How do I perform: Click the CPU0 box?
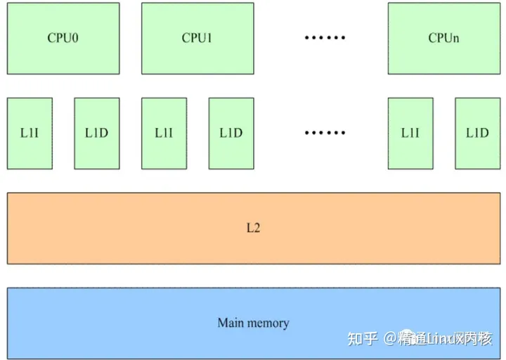pyautogui.click(x=63, y=38)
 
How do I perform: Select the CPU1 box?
pyautogui.click(x=197, y=38)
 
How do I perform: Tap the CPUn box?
pyautogui.click(x=443, y=38)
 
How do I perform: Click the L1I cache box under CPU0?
pyautogui.click(x=30, y=133)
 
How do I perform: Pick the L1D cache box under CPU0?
pyautogui.click(x=96, y=133)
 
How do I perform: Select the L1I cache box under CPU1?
pyautogui.click(x=164, y=133)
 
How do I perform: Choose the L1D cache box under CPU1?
pyautogui.click(x=231, y=133)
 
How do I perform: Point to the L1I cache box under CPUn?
pyautogui.click(x=410, y=133)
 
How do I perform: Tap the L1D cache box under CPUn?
pyautogui.click(x=477, y=133)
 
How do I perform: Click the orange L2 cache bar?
pyautogui.click(x=253, y=229)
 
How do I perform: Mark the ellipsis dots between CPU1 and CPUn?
pyautogui.click(x=325, y=38)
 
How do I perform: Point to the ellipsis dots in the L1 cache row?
pyautogui.click(x=325, y=133)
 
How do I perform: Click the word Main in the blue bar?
pyautogui.click(x=231, y=323)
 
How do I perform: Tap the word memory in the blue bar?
pyautogui.click(x=267, y=323)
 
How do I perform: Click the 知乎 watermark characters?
pyautogui.click(x=363, y=339)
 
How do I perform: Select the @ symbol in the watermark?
pyautogui.click(x=390, y=339)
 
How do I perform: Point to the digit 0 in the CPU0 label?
pyautogui.click(x=74, y=38)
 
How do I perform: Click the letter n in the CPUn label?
pyautogui.click(x=455, y=39)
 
